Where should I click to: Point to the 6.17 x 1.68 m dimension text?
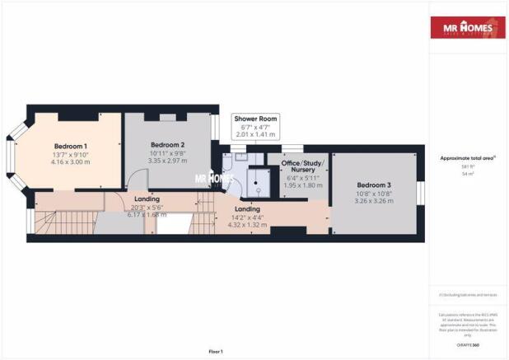click(146, 215)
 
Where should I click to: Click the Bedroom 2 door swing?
click(132, 182)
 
